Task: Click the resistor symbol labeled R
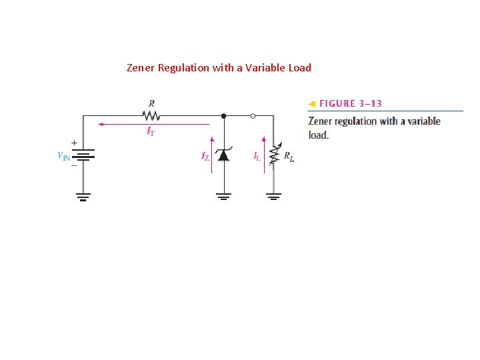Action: click(x=151, y=115)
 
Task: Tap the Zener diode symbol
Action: click(x=224, y=155)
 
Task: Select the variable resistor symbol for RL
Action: click(x=273, y=155)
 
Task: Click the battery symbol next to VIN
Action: click(x=83, y=155)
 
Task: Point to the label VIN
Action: click(x=64, y=157)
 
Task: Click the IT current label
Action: click(x=151, y=131)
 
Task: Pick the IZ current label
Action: click(x=205, y=157)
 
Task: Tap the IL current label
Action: click(x=257, y=157)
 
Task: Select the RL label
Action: click(x=289, y=157)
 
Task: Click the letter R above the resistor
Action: click(x=152, y=103)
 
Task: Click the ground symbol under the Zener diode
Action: click(x=224, y=196)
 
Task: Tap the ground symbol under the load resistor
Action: click(x=273, y=196)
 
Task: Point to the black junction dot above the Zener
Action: click(x=224, y=115)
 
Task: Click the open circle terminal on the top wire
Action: click(x=253, y=115)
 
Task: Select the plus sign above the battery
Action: click(x=73, y=143)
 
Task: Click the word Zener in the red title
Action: click(x=141, y=67)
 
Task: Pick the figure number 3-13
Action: click(x=369, y=104)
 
